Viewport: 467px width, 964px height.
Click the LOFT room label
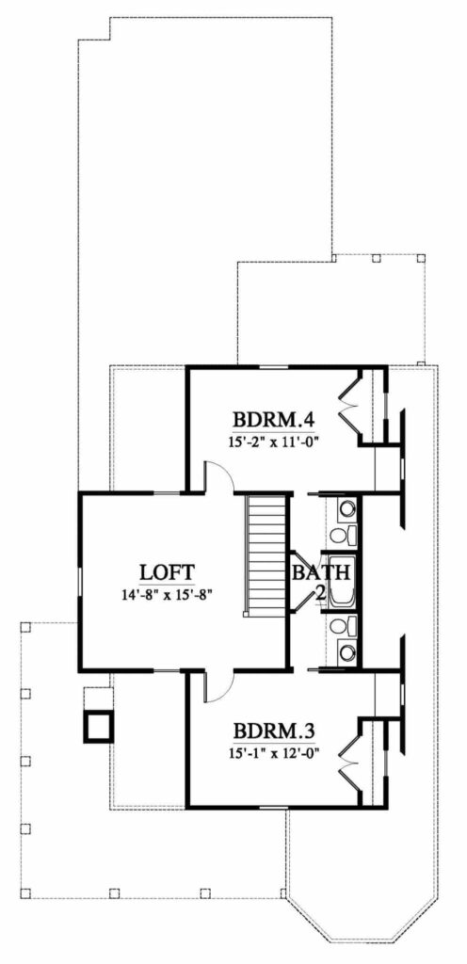click(x=167, y=570)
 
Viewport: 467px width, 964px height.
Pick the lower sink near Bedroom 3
click(x=346, y=651)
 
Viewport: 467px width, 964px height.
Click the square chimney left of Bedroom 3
click(x=99, y=725)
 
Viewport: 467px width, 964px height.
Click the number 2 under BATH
click(x=319, y=593)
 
